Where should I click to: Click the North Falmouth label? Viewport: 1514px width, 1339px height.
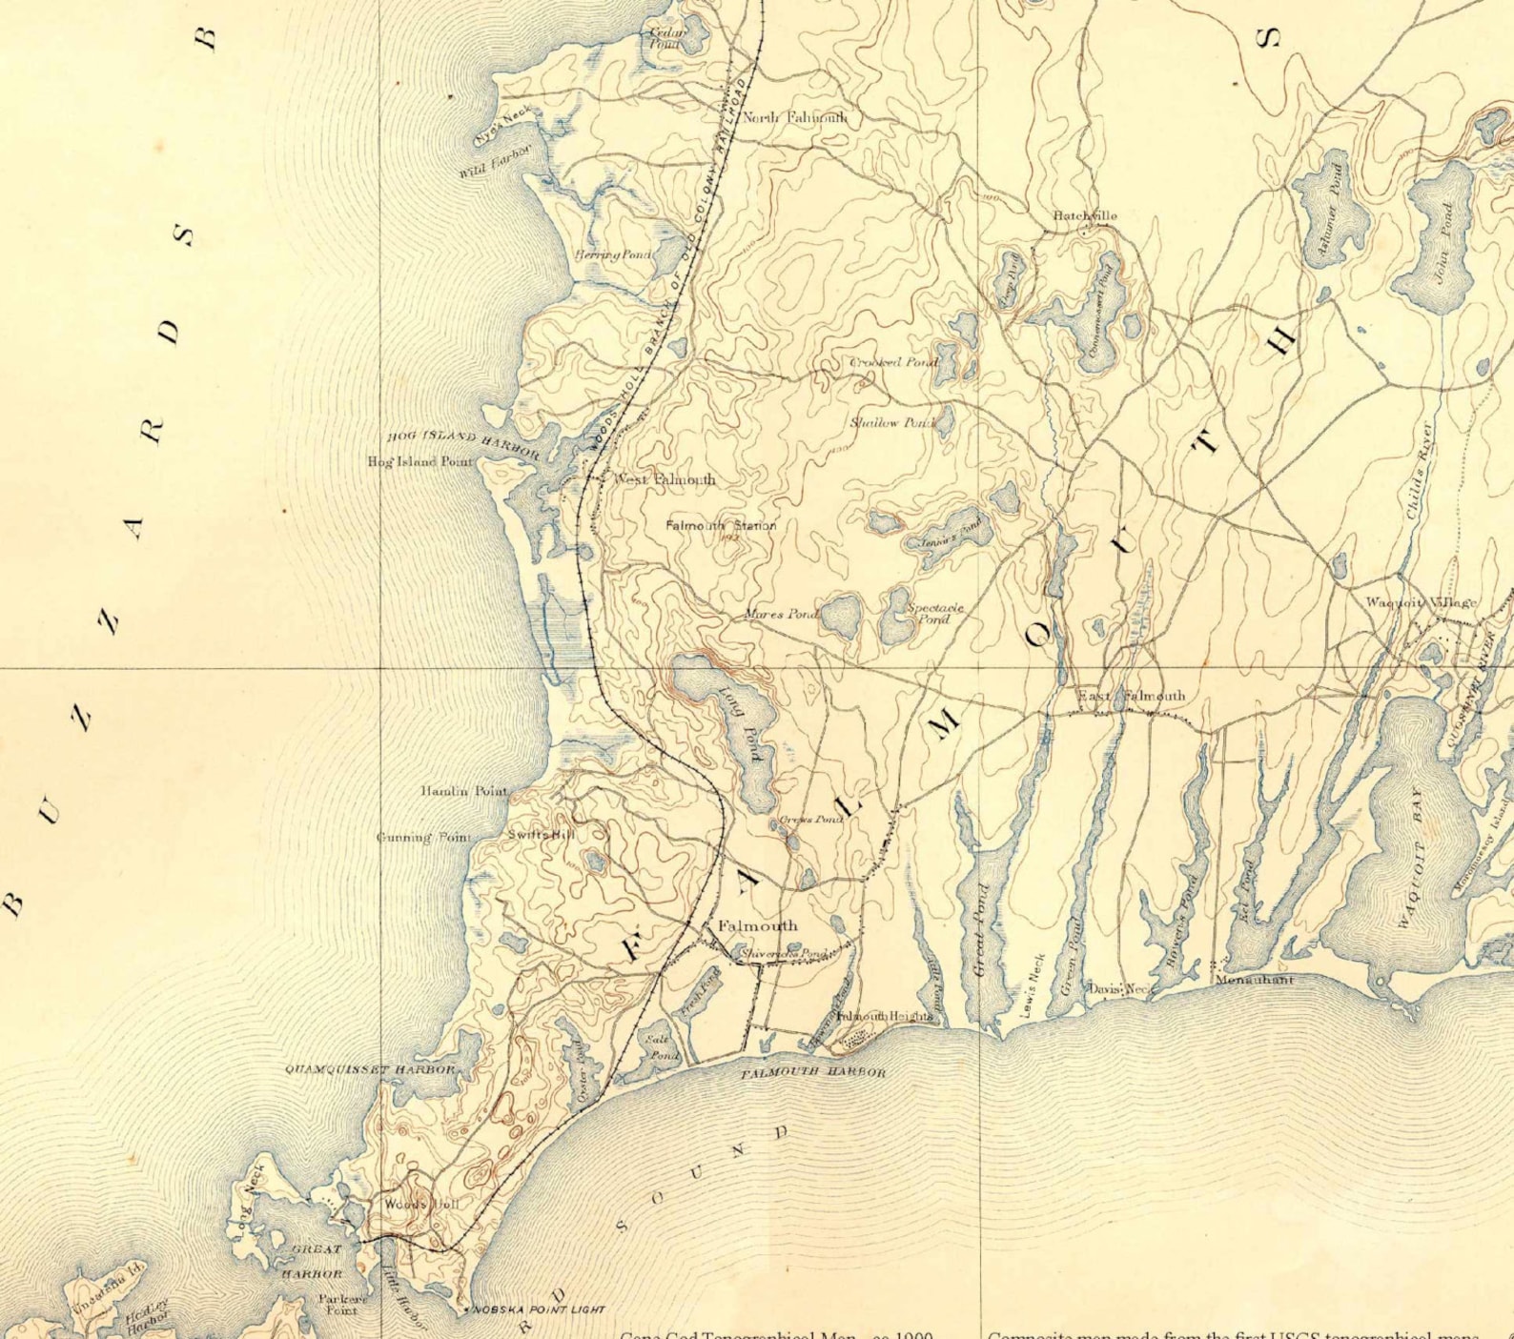click(794, 118)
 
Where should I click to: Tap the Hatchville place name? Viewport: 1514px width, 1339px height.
click(1085, 215)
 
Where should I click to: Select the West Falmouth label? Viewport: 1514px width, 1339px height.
click(665, 479)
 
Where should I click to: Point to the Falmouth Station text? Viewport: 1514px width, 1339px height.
click(721, 525)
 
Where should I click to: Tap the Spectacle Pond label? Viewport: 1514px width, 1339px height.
click(934, 613)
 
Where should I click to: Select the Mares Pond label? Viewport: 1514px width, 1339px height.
click(782, 615)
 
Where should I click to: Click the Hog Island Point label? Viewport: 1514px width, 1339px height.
click(420, 461)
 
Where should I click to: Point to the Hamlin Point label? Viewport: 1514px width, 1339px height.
click(464, 791)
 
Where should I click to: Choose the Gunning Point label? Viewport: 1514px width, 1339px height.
click(424, 837)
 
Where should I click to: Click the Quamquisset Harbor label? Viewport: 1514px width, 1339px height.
click(372, 1069)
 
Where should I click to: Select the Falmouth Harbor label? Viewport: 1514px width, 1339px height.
click(813, 1072)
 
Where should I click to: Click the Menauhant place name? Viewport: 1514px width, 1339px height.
click(1254, 979)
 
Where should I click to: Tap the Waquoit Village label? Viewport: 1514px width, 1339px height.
click(1421, 601)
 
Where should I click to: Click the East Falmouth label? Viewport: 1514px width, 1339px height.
click(1132, 696)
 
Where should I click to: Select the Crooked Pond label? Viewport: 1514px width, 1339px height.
click(893, 362)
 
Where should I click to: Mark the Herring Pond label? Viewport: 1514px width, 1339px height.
click(613, 254)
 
